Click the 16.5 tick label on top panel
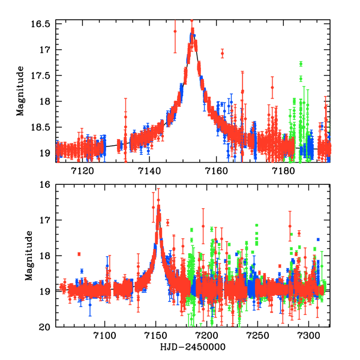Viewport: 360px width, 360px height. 43,23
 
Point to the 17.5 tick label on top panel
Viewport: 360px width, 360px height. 43,75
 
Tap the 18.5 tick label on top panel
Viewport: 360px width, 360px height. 43,127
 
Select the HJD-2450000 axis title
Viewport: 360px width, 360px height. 192,348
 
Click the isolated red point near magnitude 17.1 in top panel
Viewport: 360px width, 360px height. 222,53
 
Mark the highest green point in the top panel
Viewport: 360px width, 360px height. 301,64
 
